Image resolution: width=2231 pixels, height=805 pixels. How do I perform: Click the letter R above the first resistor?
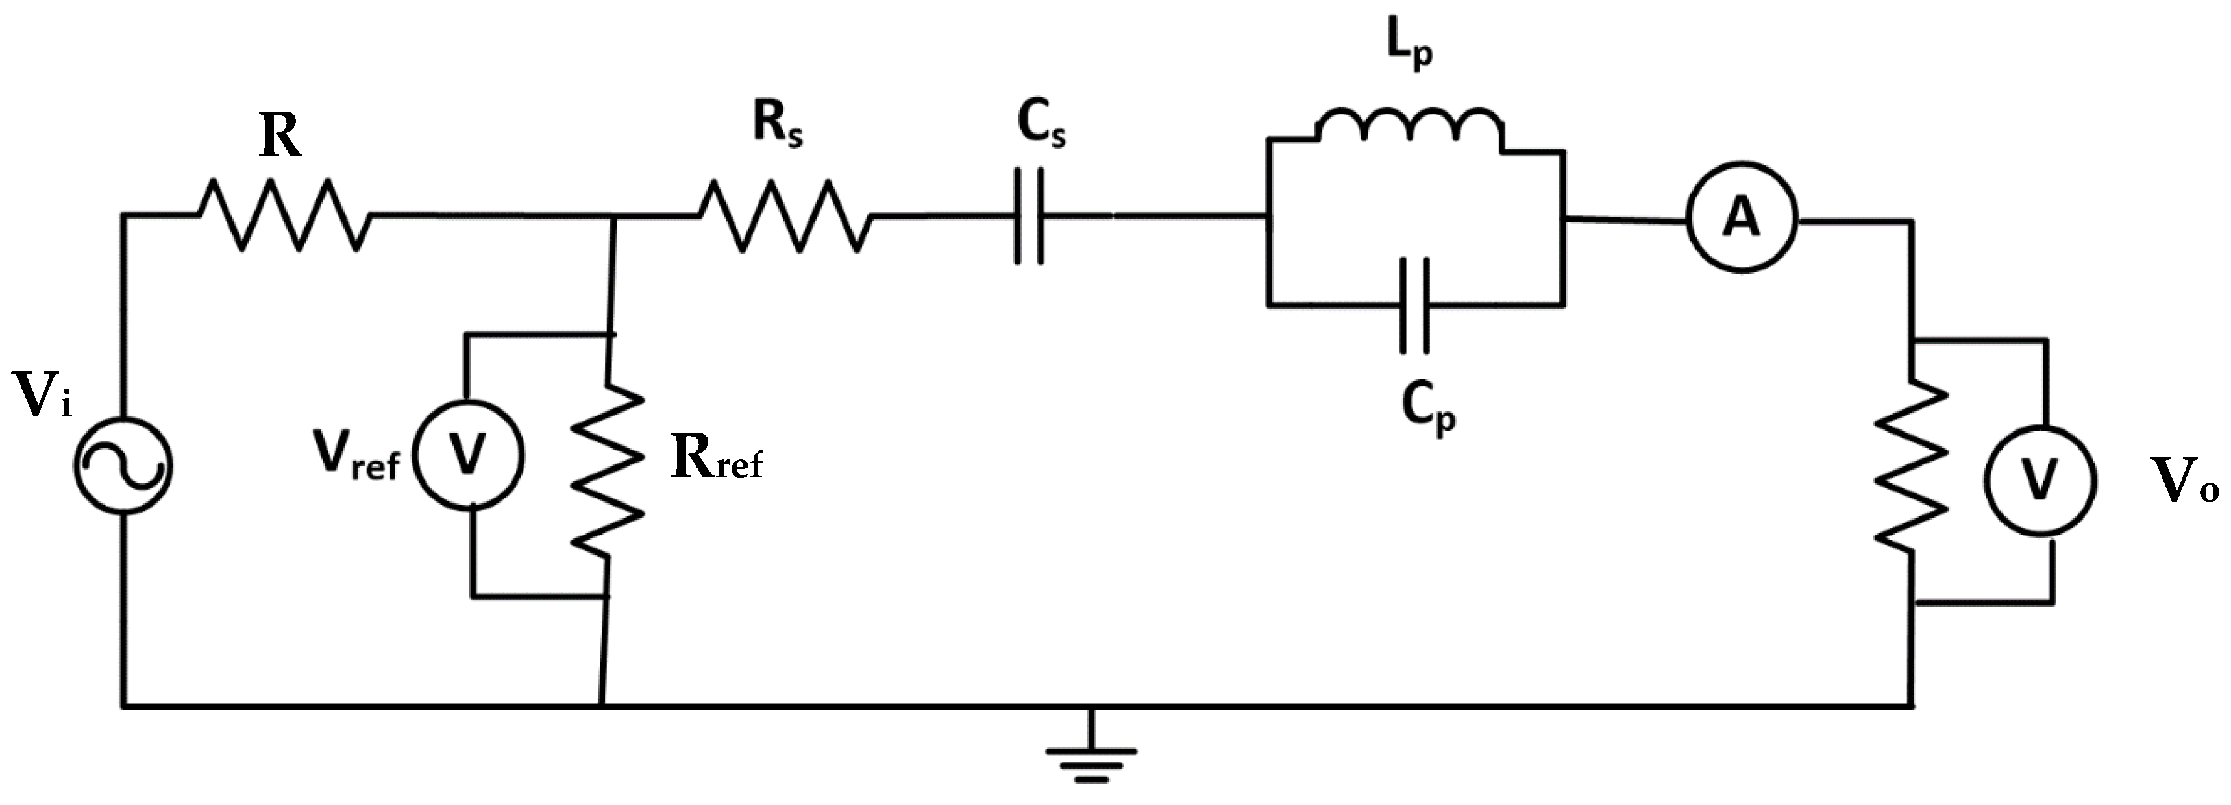[x=280, y=137]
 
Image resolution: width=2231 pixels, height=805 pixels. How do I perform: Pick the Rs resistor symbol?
[x=785, y=217]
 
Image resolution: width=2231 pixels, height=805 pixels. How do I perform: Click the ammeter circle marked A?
[x=1742, y=218]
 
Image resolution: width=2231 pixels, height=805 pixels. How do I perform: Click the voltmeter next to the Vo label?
[x=2040, y=482]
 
